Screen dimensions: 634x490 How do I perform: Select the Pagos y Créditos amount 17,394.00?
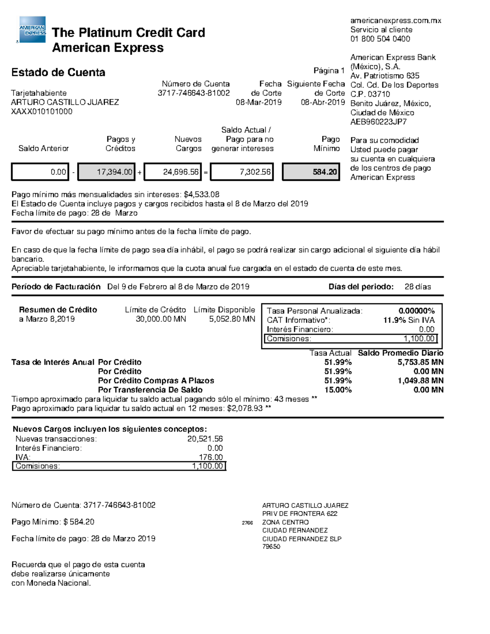click(106, 172)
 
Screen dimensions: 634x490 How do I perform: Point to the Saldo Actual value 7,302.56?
click(242, 172)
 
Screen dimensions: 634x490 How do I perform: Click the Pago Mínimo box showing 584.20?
click(311, 172)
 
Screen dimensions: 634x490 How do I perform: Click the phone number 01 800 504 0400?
click(380, 39)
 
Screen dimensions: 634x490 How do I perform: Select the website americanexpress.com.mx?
click(396, 20)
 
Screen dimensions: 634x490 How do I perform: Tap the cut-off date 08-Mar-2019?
click(258, 102)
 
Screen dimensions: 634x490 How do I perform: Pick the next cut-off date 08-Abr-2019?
click(323, 102)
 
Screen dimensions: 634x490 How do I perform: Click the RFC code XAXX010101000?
click(42, 111)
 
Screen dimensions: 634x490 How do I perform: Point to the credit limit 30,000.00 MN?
click(161, 319)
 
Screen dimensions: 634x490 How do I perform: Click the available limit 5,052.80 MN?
click(232, 319)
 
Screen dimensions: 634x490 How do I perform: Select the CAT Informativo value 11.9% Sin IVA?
click(409, 320)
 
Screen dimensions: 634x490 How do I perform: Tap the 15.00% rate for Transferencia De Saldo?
click(338, 390)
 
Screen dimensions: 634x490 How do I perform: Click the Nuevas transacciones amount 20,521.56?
click(205, 439)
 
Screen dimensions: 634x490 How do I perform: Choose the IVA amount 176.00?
click(211, 457)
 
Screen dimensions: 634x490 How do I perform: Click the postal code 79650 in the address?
click(271, 547)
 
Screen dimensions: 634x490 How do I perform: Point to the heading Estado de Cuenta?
click(58, 73)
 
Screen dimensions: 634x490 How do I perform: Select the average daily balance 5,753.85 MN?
click(420, 362)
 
